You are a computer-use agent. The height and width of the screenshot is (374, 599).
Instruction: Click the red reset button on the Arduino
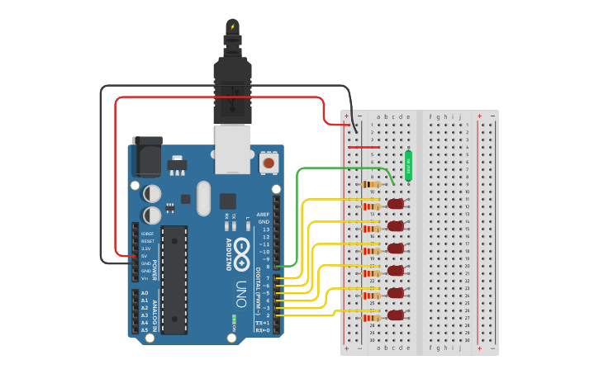(269, 163)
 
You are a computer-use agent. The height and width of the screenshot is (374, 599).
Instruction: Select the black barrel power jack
(148, 156)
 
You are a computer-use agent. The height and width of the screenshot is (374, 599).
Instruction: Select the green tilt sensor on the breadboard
(408, 165)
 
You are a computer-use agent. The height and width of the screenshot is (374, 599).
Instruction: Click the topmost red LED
(397, 203)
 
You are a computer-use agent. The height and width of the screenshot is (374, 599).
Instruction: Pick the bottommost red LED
(397, 315)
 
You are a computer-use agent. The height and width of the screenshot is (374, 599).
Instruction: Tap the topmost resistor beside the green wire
(371, 184)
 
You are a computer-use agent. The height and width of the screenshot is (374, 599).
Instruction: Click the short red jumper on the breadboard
(364, 147)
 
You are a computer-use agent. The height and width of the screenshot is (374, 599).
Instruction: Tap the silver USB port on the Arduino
(232, 149)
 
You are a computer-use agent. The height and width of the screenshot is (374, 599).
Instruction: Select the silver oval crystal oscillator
(203, 198)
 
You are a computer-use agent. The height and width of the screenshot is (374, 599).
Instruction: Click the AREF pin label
(263, 214)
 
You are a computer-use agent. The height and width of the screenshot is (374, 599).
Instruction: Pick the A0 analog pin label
(145, 293)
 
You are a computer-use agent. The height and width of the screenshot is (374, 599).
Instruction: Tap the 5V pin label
(145, 256)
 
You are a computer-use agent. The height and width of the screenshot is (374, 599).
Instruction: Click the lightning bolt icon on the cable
(232, 26)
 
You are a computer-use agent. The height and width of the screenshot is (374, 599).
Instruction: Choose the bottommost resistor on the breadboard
(371, 318)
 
